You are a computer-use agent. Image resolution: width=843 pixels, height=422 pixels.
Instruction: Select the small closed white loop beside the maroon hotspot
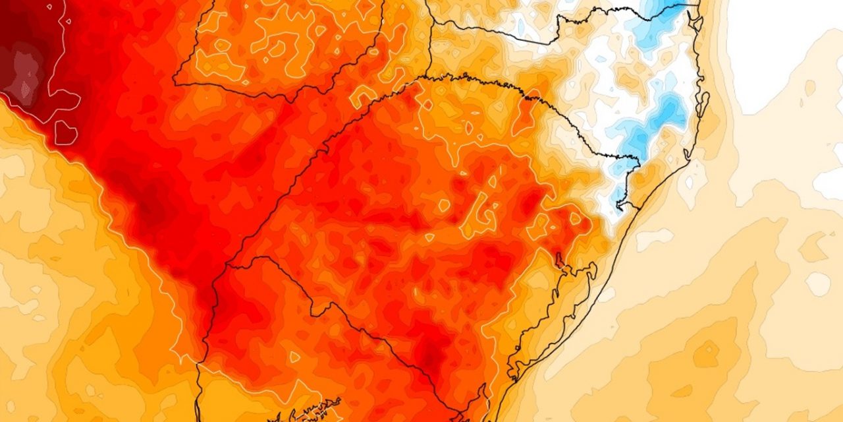click(65, 132)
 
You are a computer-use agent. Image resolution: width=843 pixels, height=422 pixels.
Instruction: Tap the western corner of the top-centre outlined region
click(174, 82)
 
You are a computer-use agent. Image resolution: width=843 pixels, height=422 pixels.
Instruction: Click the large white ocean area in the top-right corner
click(784, 46)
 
